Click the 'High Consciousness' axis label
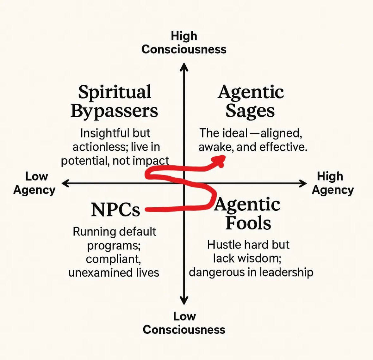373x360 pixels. point(184,43)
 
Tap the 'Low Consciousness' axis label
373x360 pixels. point(184,323)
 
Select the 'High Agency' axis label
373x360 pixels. point(333,183)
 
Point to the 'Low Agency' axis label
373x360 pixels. point(34,183)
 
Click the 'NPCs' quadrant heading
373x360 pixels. point(115,209)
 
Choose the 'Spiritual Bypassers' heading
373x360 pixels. point(114,101)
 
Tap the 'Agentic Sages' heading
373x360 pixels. point(250,101)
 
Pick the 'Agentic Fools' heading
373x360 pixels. point(248,214)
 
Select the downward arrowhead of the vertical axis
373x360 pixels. point(184,300)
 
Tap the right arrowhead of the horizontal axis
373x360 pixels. point(303,183)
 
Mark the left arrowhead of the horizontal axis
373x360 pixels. point(65,183)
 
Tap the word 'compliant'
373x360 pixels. point(113,259)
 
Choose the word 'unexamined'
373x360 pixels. point(99,272)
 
